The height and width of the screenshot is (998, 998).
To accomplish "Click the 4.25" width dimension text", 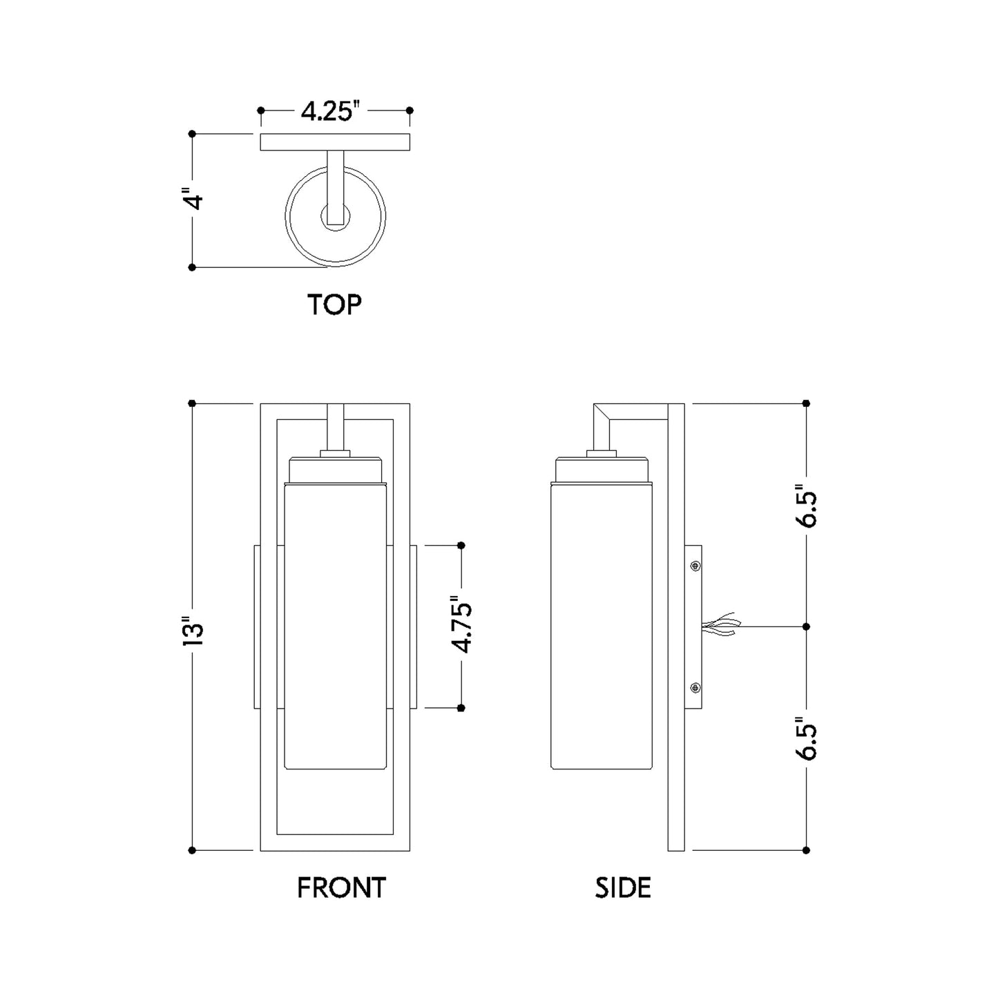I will coord(331,111).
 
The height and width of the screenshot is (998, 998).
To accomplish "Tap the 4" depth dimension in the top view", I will coord(196,200).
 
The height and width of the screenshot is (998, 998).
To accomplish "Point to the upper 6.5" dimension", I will coord(807,510).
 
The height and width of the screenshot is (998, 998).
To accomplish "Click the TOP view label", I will coord(334,305).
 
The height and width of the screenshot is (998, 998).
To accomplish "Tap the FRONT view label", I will coord(341,888).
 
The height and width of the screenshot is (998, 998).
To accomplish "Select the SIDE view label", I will coord(623,888).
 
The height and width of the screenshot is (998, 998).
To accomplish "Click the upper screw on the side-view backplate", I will coord(695,566).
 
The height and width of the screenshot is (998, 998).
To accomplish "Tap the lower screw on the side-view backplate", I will coord(695,687).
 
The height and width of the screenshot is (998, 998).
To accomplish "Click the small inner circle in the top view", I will coord(336,218).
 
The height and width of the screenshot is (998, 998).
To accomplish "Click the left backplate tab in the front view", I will coord(258,626).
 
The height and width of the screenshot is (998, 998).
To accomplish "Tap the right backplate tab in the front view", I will coord(413,626).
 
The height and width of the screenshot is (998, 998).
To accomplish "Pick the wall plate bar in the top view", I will coord(335,142).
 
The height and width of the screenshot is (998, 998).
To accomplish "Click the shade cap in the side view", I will coord(601,470).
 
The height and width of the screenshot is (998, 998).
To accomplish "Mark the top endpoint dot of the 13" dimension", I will coord(192,403).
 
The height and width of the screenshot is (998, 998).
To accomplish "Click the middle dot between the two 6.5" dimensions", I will coord(806,626).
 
